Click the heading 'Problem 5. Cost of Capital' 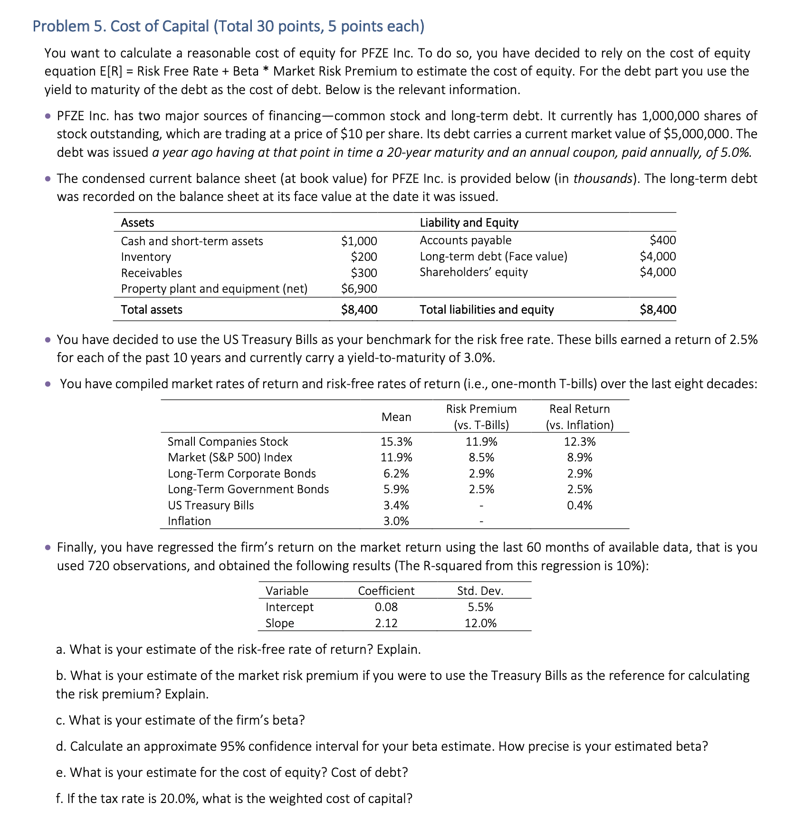228,26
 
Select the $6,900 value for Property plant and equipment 359,289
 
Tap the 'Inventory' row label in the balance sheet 146,257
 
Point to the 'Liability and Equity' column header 469,222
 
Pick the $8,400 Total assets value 359,310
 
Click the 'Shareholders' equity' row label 473,272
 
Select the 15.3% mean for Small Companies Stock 396,442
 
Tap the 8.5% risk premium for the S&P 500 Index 481,458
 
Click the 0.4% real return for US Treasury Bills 580,505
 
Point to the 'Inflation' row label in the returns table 189,521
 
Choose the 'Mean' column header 396,417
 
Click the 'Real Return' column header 579,409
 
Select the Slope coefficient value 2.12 386,623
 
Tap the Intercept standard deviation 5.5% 480,607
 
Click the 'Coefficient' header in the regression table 386,591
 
